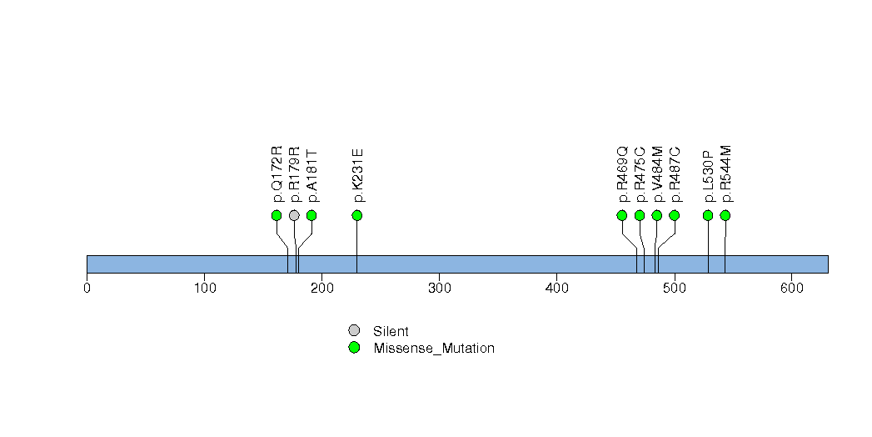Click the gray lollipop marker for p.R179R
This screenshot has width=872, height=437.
(x=294, y=215)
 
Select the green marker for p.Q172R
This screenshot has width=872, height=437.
(x=277, y=215)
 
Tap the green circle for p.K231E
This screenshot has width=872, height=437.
(x=357, y=215)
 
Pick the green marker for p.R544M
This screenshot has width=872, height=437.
(x=725, y=215)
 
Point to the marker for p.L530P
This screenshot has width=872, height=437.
(x=707, y=215)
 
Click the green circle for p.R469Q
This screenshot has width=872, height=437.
(x=622, y=215)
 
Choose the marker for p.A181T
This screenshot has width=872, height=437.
(x=311, y=215)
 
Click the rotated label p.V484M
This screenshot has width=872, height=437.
(x=657, y=174)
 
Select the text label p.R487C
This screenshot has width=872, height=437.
(x=675, y=174)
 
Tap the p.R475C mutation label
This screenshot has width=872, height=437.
(x=640, y=174)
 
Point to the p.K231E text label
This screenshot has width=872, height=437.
(x=357, y=175)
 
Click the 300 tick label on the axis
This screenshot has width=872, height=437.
(x=440, y=288)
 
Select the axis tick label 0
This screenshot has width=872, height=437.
(x=87, y=288)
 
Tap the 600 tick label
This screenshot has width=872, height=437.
(x=792, y=288)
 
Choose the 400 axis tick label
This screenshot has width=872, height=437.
(x=556, y=288)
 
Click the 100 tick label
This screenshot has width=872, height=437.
(x=205, y=288)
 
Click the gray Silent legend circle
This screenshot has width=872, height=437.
(x=354, y=331)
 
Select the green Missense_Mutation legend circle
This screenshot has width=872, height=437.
(x=354, y=348)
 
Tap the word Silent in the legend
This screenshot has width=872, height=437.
(x=391, y=331)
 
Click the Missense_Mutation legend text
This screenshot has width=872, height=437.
(x=434, y=349)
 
